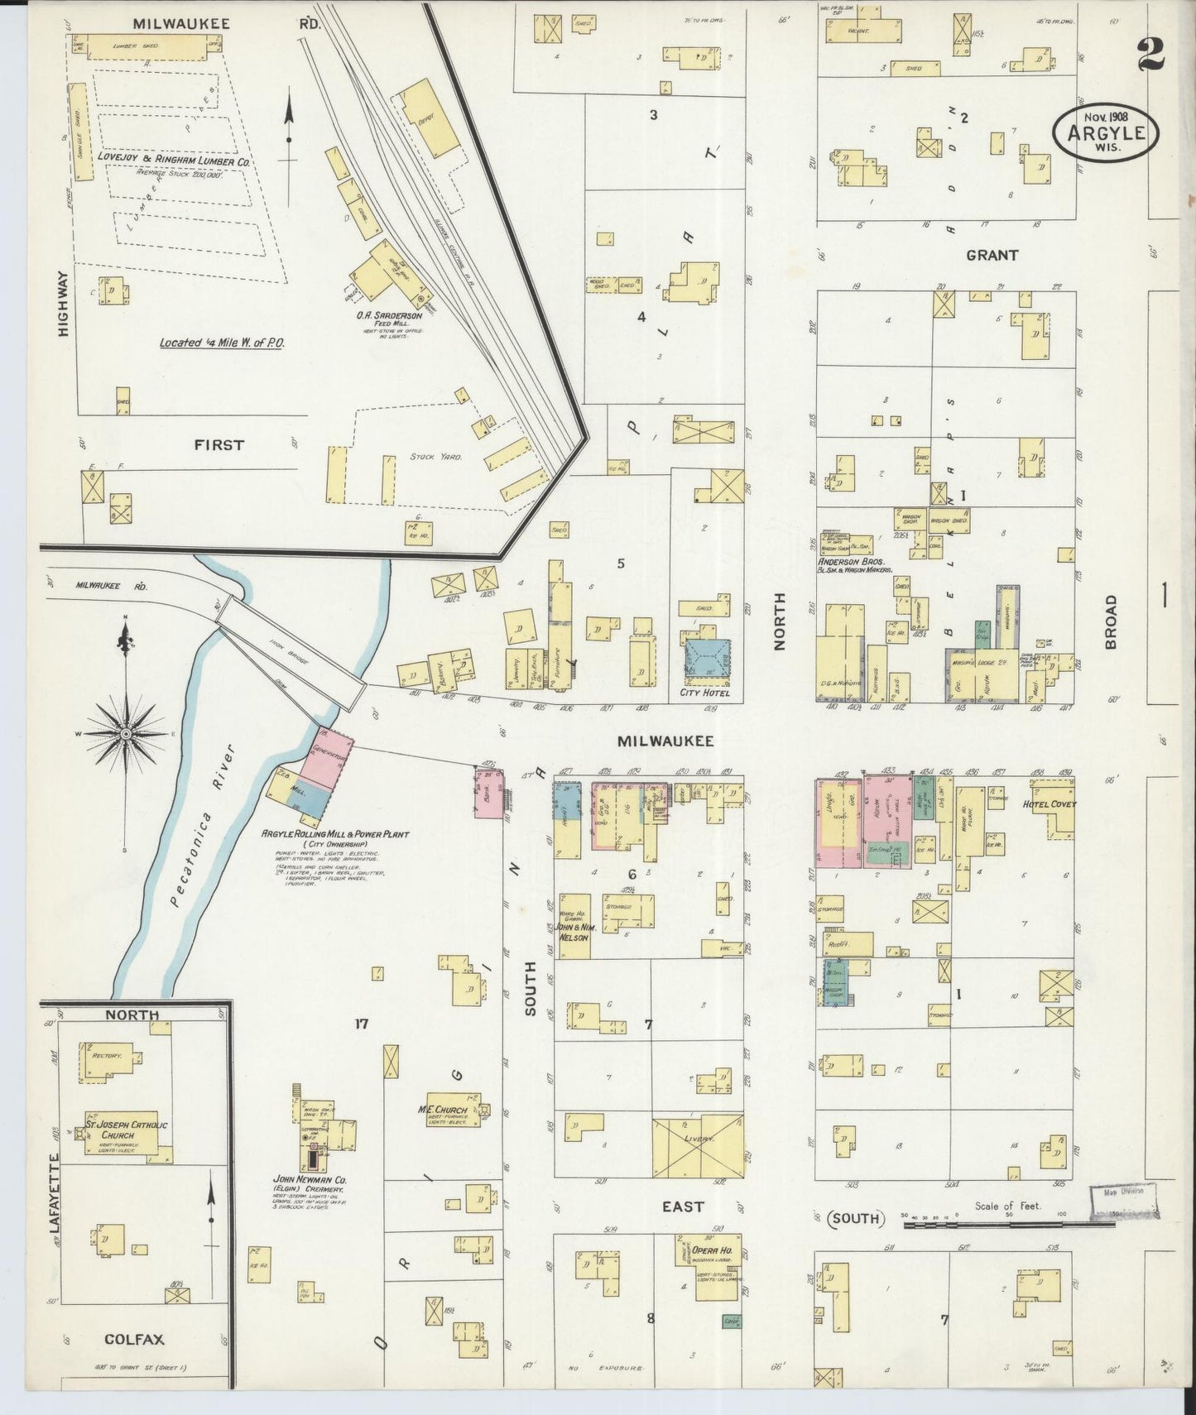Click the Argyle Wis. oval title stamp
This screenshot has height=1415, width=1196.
pyautogui.click(x=1106, y=133)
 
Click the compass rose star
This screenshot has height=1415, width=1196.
pyautogui.click(x=125, y=733)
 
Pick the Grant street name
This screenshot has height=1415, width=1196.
pyautogui.click(x=991, y=256)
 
